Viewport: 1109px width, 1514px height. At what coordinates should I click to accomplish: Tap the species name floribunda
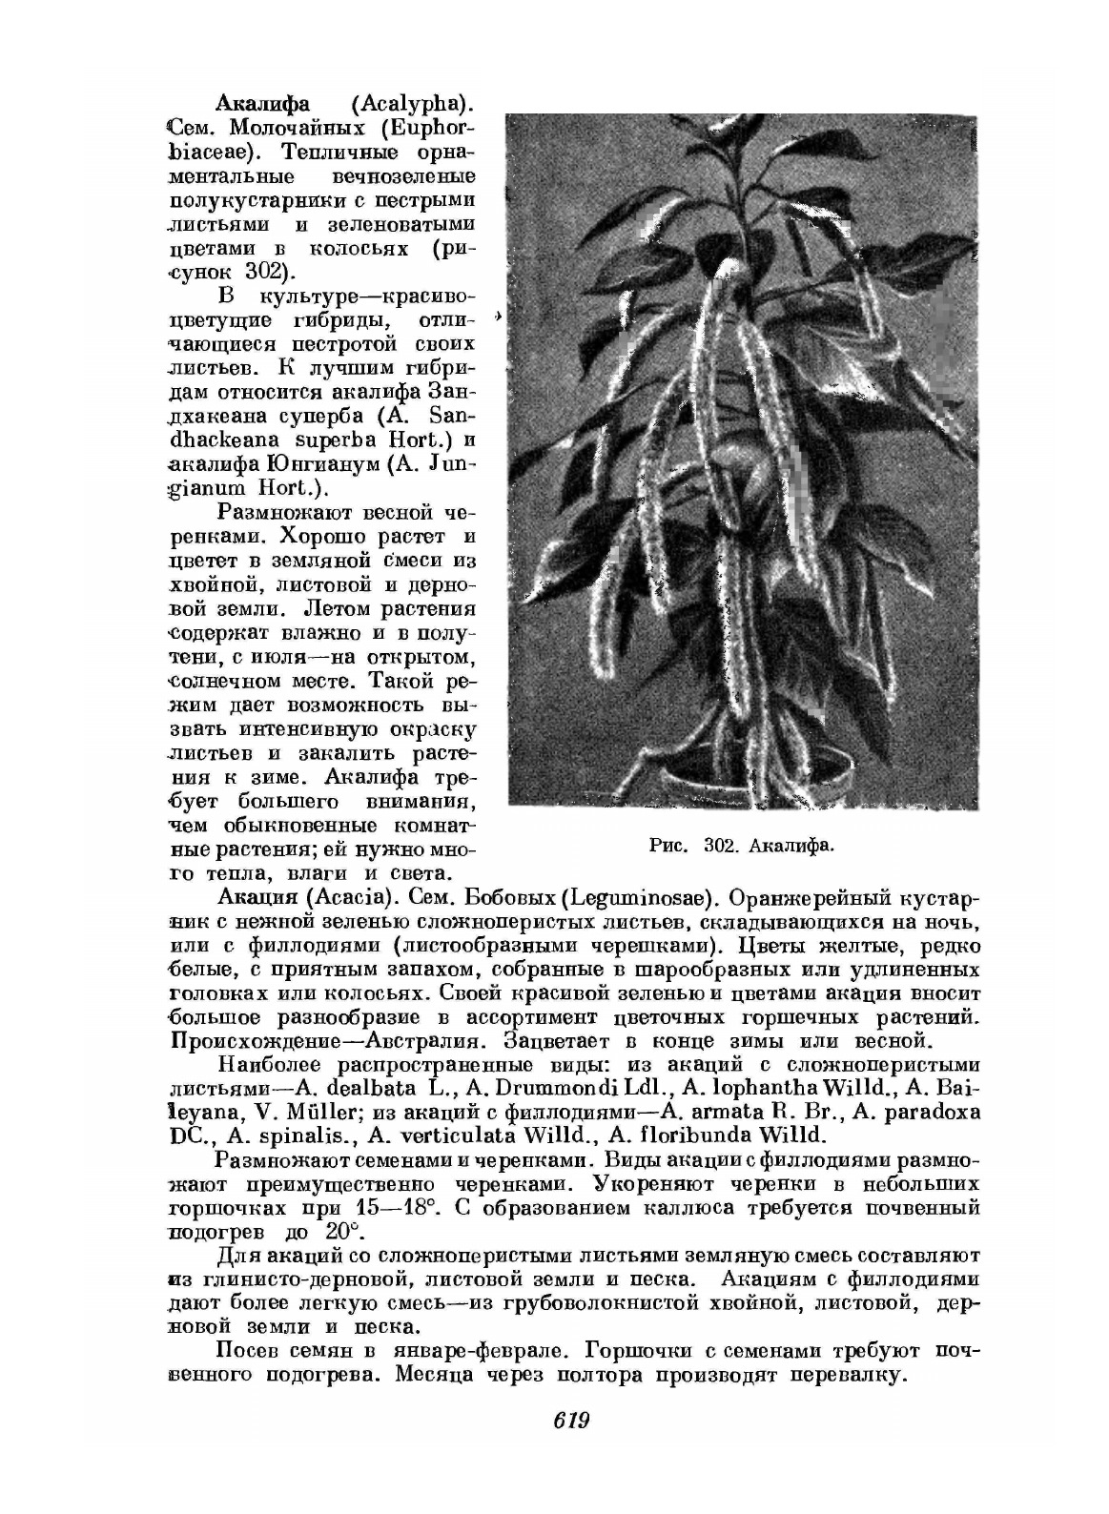pyautogui.click(x=704, y=1135)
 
